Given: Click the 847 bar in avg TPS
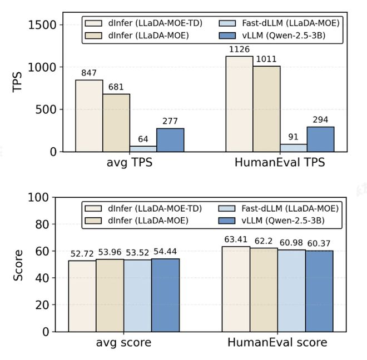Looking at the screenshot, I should (x=89, y=116).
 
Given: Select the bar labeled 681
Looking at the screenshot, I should (x=116, y=123).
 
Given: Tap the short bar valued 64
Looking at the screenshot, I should (x=143, y=148).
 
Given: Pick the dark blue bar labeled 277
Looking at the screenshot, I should (x=170, y=139).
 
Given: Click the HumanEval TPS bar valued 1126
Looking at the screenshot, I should (x=239, y=104).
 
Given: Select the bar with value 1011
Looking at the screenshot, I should (x=266, y=109).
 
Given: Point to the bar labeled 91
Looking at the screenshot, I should (x=294, y=147).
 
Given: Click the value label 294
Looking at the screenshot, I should (x=320, y=120).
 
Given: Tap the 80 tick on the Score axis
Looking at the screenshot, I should (x=51, y=224).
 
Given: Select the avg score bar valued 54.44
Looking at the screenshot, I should (x=165, y=295).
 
